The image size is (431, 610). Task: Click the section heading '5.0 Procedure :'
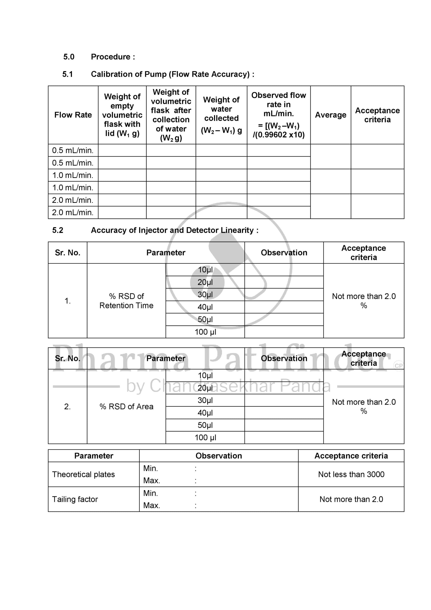click(99, 57)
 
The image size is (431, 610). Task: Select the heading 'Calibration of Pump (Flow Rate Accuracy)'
click(172, 74)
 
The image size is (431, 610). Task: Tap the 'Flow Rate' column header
click(73, 115)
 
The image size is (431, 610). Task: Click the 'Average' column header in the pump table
click(330, 115)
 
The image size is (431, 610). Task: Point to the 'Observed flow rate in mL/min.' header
click(278, 115)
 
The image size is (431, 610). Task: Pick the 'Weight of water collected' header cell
click(221, 115)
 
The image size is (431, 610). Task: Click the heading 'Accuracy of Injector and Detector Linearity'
click(174, 230)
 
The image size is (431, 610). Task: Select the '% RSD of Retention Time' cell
click(126, 301)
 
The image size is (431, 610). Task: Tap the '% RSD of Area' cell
click(126, 407)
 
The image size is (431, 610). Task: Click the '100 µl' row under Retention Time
click(205, 332)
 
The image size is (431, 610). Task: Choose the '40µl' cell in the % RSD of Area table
click(205, 413)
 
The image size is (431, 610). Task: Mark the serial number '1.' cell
click(67, 301)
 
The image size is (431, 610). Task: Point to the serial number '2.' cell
click(67, 407)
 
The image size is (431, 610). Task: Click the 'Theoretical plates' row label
click(83, 474)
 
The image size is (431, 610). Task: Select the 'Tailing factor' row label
click(75, 499)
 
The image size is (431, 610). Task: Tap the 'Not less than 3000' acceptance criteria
click(351, 474)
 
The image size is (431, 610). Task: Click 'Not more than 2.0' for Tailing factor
click(351, 499)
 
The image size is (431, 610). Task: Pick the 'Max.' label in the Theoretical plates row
click(152, 480)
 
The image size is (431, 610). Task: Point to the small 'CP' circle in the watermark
click(398, 366)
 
